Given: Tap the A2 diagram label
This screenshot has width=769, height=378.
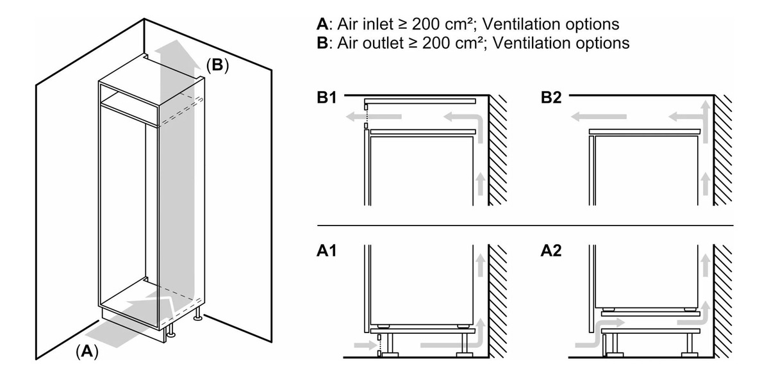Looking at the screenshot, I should [552, 251].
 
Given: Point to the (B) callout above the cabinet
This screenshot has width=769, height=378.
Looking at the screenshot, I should [217, 65].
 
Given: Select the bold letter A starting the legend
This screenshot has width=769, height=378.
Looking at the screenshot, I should [322, 24].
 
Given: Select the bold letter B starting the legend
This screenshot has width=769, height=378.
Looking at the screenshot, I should [322, 43].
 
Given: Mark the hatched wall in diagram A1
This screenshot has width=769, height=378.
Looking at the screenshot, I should [498, 301].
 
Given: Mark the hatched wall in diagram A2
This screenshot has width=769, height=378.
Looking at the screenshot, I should [723, 301].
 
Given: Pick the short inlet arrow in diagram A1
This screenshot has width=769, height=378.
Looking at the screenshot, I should [363, 345].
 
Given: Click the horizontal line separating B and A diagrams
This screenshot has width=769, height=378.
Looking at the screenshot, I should [525, 226].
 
